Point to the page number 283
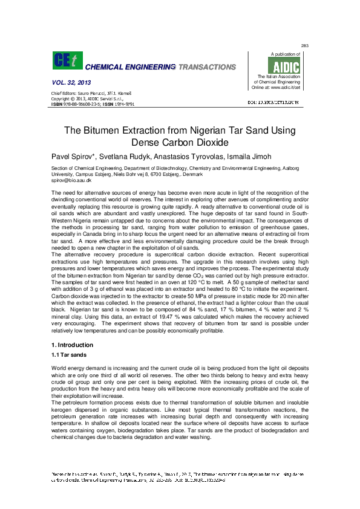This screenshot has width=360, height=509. [x=305, y=46]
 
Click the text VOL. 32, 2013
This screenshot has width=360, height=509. [x=68, y=82]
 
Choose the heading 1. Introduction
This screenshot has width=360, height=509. [x=73, y=345]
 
